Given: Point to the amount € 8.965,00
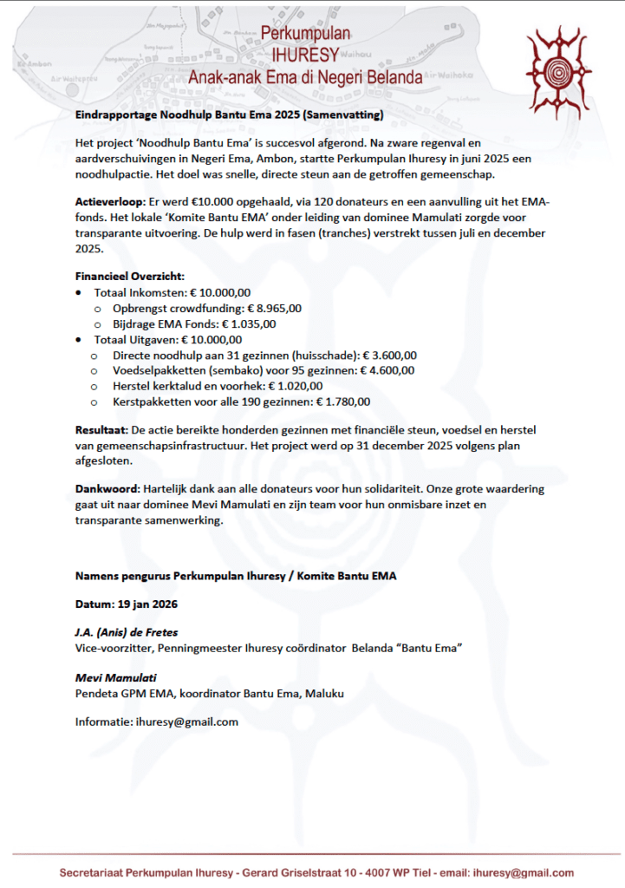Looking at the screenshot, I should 275,308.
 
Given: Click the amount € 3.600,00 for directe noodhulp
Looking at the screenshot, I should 390,355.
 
